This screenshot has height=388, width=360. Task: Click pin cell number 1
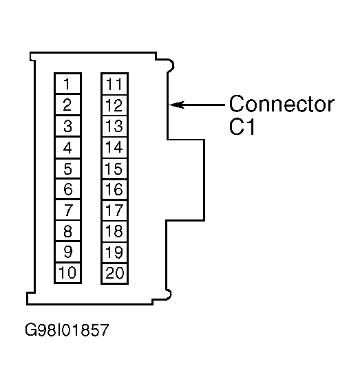point(68,84)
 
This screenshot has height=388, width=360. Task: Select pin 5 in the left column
point(68,169)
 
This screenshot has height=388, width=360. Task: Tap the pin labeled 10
point(68,272)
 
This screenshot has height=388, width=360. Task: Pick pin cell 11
point(114,84)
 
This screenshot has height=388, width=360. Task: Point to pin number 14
point(114,147)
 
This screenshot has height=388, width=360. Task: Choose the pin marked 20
point(114,273)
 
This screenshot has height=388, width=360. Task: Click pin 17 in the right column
point(114,211)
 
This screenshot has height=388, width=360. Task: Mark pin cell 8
point(68,230)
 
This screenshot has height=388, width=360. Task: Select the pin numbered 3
point(68,126)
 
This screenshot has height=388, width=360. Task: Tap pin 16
point(114,190)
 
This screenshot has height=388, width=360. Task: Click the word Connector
point(282,104)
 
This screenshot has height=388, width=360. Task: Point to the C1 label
point(242,127)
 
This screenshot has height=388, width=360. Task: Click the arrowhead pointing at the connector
point(176,105)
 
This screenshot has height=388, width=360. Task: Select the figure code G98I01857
point(67,330)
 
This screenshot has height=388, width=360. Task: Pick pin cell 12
point(114,105)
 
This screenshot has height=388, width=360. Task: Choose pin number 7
point(68,210)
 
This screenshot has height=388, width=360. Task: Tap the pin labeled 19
point(114,252)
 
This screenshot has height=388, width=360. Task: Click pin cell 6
point(68,189)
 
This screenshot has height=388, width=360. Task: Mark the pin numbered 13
point(114,126)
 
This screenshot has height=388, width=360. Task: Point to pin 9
point(68,252)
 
